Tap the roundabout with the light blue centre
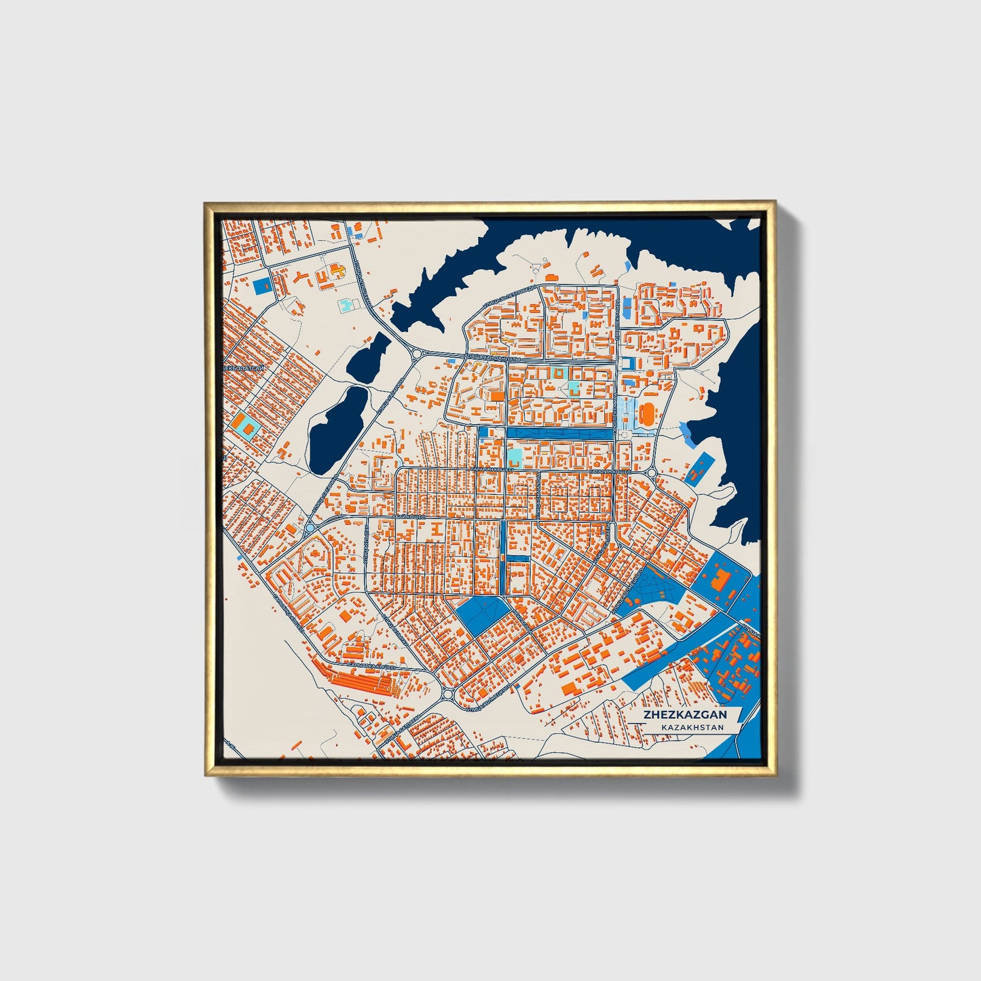click(x=310, y=527)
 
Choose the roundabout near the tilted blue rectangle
click(x=652, y=472)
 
